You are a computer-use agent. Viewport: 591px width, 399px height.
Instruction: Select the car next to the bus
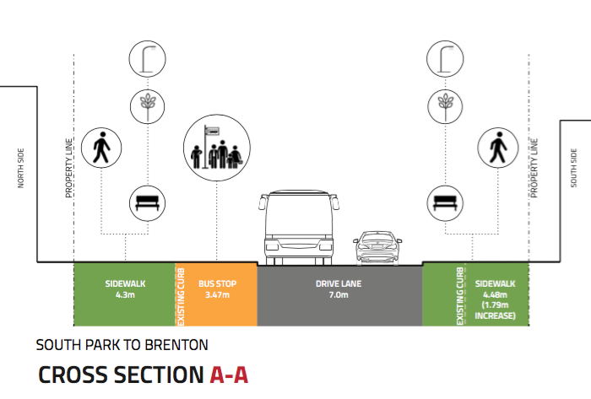(377, 247)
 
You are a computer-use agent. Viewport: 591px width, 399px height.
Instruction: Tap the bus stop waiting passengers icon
(217, 147)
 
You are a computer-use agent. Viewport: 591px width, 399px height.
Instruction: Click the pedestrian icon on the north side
(101, 149)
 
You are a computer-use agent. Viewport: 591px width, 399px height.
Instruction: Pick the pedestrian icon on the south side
(497, 149)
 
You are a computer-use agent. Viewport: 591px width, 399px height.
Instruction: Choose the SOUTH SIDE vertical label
(575, 168)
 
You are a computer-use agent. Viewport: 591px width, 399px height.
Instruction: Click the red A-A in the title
(228, 375)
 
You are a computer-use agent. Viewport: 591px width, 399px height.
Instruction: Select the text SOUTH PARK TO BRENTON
(122, 344)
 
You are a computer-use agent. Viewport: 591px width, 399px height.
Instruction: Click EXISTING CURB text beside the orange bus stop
(180, 295)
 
